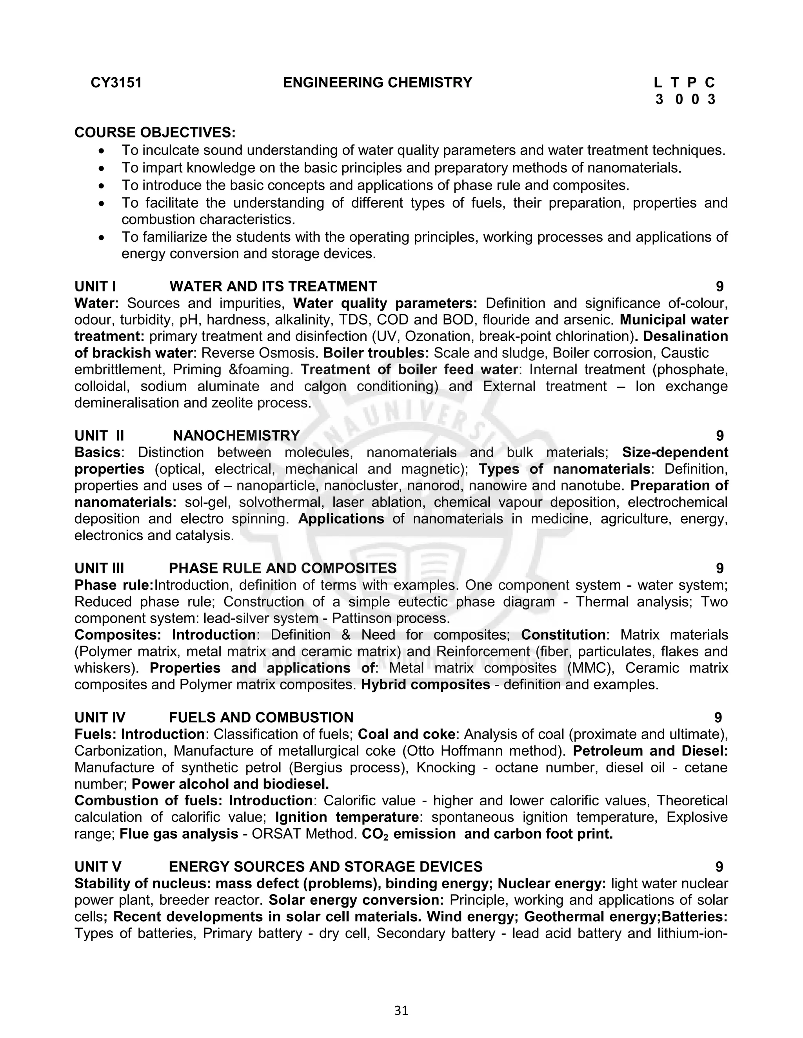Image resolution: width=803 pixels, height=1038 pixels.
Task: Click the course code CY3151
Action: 116,83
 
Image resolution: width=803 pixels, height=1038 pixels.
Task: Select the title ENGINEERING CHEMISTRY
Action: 377,83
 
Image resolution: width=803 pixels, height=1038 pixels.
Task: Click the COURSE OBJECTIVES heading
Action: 154,132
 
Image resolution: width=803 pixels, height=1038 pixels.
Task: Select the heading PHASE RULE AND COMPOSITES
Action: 283,568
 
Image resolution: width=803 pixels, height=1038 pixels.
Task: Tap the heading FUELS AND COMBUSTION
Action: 261,717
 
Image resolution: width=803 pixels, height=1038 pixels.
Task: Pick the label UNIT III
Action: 100,568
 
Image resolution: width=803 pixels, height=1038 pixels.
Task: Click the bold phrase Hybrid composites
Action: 426,684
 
